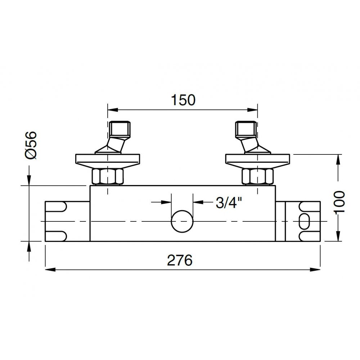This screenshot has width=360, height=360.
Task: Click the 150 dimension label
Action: tap(183, 100)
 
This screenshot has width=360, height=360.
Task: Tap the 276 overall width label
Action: tap(180, 260)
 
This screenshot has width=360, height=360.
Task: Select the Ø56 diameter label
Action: tap(31, 145)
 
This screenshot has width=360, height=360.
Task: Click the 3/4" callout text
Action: tap(229, 202)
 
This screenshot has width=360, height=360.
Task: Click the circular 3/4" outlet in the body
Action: tap(182, 221)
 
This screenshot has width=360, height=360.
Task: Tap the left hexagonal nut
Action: tap(107, 176)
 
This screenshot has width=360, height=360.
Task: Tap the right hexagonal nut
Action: tap(258, 176)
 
